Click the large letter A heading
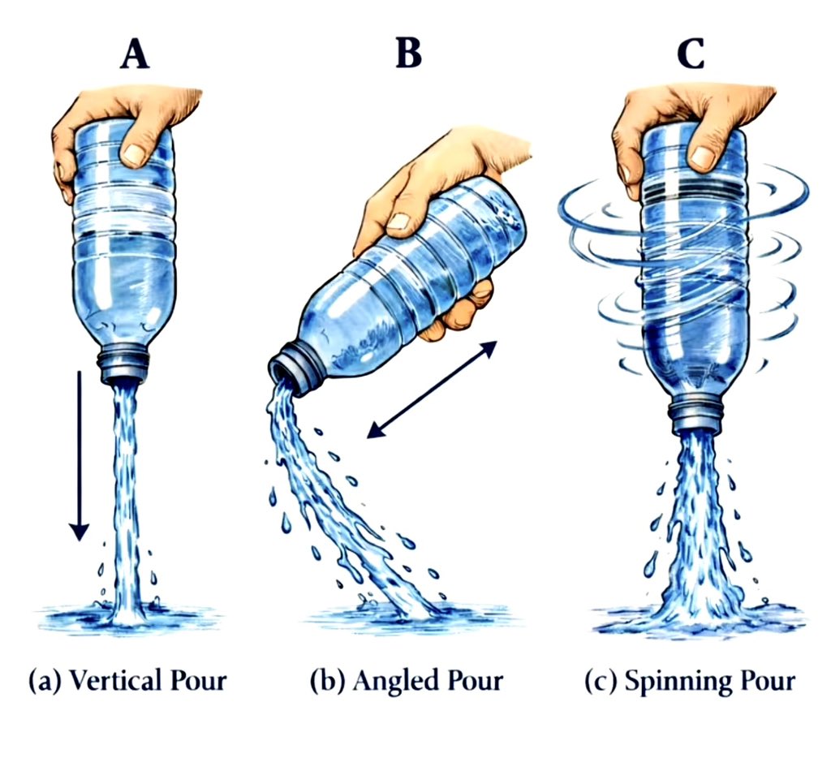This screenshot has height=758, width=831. [x=135, y=54]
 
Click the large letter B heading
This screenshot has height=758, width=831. [x=409, y=53]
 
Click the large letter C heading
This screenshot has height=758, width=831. [x=691, y=54]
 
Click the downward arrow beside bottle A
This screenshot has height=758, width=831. [x=80, y=456]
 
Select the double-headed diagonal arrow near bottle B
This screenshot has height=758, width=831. [x=432, y=390]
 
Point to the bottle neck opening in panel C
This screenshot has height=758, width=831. [x=695, y=417]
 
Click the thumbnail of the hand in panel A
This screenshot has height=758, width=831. [x=135, y=153]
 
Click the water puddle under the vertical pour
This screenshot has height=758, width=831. [x=127, y=618]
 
